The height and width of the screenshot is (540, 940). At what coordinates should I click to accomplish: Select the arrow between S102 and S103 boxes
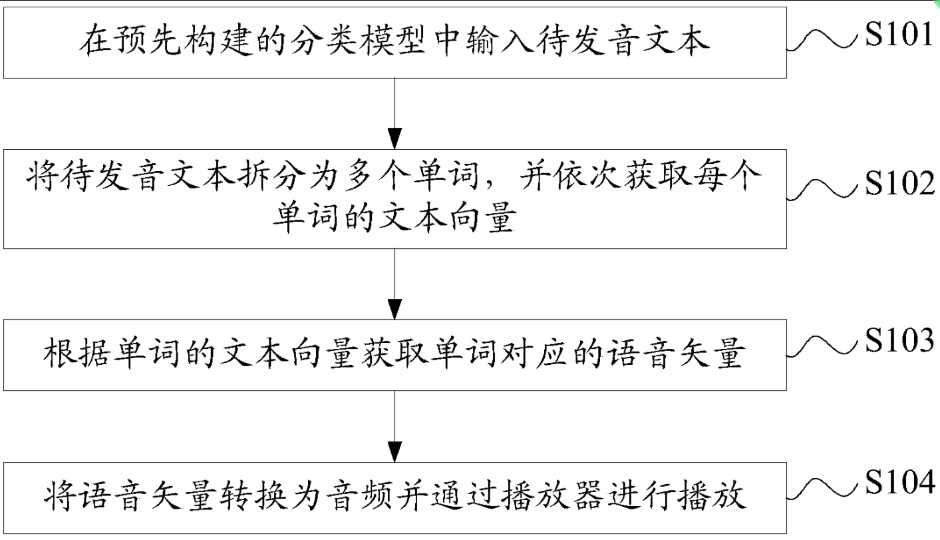click(395, 283)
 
